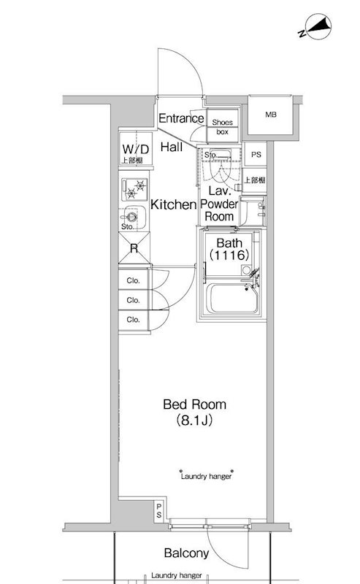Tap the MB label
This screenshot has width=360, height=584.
[271, 115]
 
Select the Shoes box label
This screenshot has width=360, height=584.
[223, 127]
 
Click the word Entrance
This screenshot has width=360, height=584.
[182, 118]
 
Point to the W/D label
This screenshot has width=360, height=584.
[136, 150]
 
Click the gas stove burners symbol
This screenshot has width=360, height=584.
[134, 189]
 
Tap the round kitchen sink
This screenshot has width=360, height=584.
[131, 217]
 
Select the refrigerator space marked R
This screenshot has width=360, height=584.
[134, 247]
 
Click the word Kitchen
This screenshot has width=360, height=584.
[173, 204]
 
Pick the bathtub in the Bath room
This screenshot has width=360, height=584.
[232, 299]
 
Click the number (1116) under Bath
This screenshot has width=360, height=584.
[229, 255]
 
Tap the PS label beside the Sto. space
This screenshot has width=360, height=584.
[256, 155]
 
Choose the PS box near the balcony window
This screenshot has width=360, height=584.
[159, 510]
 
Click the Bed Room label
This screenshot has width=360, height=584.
[194, 404]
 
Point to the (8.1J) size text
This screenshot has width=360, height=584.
[194, 420]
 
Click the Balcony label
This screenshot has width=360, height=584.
[186, 553]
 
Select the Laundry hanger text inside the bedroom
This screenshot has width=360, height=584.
[206, 476]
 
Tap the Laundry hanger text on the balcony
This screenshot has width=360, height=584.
[177, 575]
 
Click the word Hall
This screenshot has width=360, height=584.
[172, 147]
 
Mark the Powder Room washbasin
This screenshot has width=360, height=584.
[253, 211]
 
